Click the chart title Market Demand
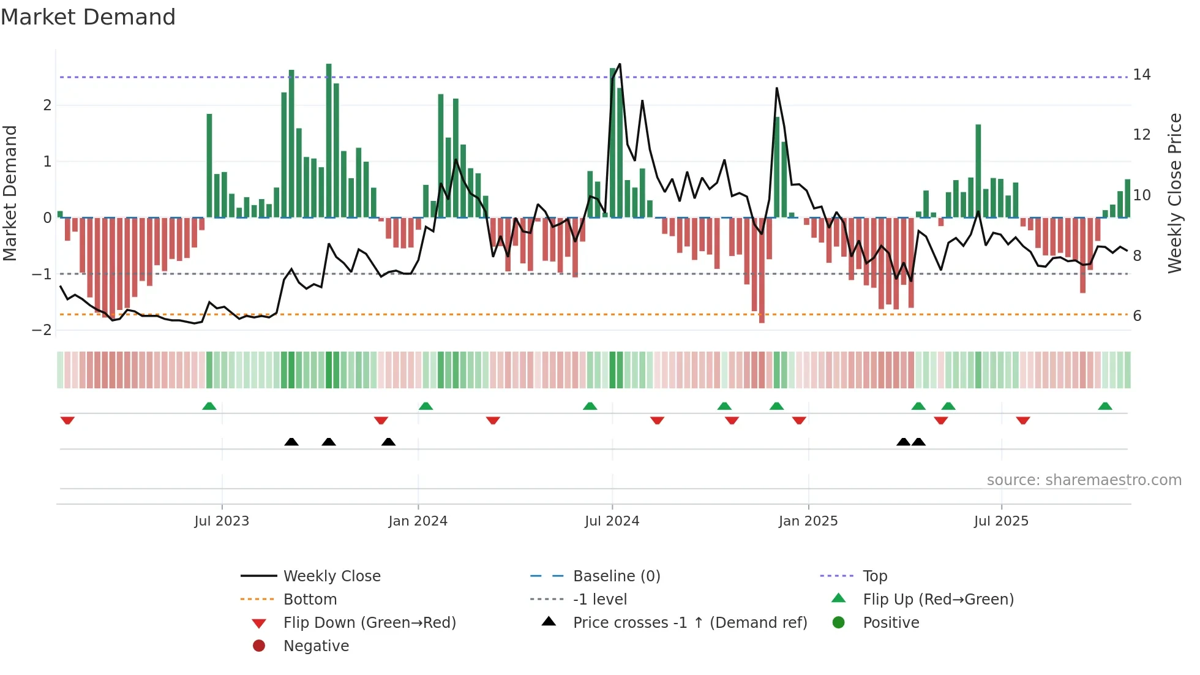(88, 17)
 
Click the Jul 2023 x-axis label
(222, 521)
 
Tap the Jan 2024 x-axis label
(418, 521)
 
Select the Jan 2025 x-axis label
(808, 521)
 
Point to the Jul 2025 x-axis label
(1001, 521)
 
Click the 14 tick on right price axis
(1141, 75)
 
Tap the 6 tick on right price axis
(1137, 315)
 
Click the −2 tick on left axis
(42, 330)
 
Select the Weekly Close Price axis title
(1174, 193)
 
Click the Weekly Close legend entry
(331, 576)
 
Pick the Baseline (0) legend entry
(616, 576)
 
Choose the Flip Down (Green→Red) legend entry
(369, 623)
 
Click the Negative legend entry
(316, 646)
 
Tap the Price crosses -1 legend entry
(689, 623)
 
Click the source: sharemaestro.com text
(1084, 480)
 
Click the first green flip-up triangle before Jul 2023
(209, 406)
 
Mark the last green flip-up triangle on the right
(1105, 406)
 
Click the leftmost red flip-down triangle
(67, 420)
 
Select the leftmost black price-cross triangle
(291, 442)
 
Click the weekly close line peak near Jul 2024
(620, 64)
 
